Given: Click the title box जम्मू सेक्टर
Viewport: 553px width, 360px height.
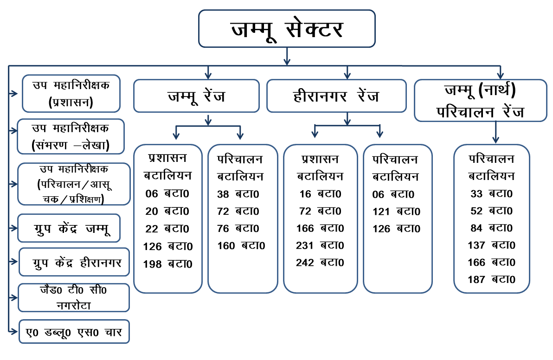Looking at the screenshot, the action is point(287,29).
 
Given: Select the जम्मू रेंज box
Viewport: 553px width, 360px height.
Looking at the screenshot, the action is point(196,96).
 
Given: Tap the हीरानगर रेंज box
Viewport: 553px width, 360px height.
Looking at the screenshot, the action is point(336,96).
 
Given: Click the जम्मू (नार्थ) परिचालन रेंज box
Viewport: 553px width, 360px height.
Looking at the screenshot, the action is point(480,101).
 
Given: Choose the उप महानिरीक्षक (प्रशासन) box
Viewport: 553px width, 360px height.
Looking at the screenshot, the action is point(71,93).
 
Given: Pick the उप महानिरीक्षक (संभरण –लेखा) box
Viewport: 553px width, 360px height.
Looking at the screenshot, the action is point(71,136).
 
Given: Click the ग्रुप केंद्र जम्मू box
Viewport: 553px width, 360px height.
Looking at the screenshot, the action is point(69,228).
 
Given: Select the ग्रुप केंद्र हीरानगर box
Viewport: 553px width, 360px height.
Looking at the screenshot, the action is point(74,262).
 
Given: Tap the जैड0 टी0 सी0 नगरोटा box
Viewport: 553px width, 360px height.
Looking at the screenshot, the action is point(74,297).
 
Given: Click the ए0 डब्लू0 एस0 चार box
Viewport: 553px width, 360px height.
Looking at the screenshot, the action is point(74,331).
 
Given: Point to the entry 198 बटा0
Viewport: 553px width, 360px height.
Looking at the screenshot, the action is point(168,264).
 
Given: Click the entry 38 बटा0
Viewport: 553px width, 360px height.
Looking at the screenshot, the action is point(238,194).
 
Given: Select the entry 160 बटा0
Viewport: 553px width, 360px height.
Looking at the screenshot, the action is point(241,245).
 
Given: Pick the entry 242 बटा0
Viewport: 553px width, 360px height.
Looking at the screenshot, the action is point(320,262).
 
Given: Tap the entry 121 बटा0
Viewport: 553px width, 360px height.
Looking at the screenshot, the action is point(396,212).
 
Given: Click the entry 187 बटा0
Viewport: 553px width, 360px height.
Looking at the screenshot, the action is point(492,279).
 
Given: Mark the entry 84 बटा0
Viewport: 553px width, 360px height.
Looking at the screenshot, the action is point(492,228).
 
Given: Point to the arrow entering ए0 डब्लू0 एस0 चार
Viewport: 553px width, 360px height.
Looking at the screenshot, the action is point(13,331).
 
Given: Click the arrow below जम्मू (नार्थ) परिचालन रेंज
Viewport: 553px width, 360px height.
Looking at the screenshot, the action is point(496,133).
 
